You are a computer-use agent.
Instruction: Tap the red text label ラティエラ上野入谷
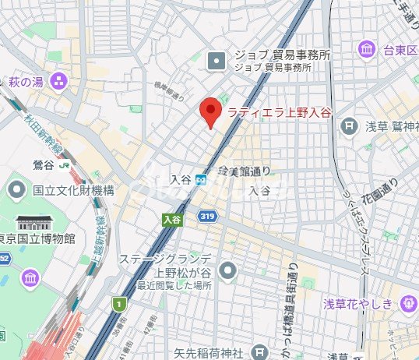click(x=279, y=112)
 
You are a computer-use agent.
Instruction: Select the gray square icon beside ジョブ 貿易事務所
click(x=217, y=57)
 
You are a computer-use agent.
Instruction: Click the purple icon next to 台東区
click(x=366, y=51)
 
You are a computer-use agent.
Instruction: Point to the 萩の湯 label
click(x=26, y=81)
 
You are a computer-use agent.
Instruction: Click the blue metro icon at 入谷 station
click(x=202, y=180)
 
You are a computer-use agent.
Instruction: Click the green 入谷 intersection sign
click(x=172, y=221)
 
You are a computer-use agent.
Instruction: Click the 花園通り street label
click(x=390, y=192)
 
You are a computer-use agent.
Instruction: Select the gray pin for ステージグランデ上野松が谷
click(x=227, y=270)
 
